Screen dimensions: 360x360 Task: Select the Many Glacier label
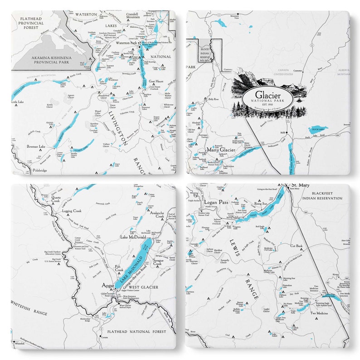tap(221, 149)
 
